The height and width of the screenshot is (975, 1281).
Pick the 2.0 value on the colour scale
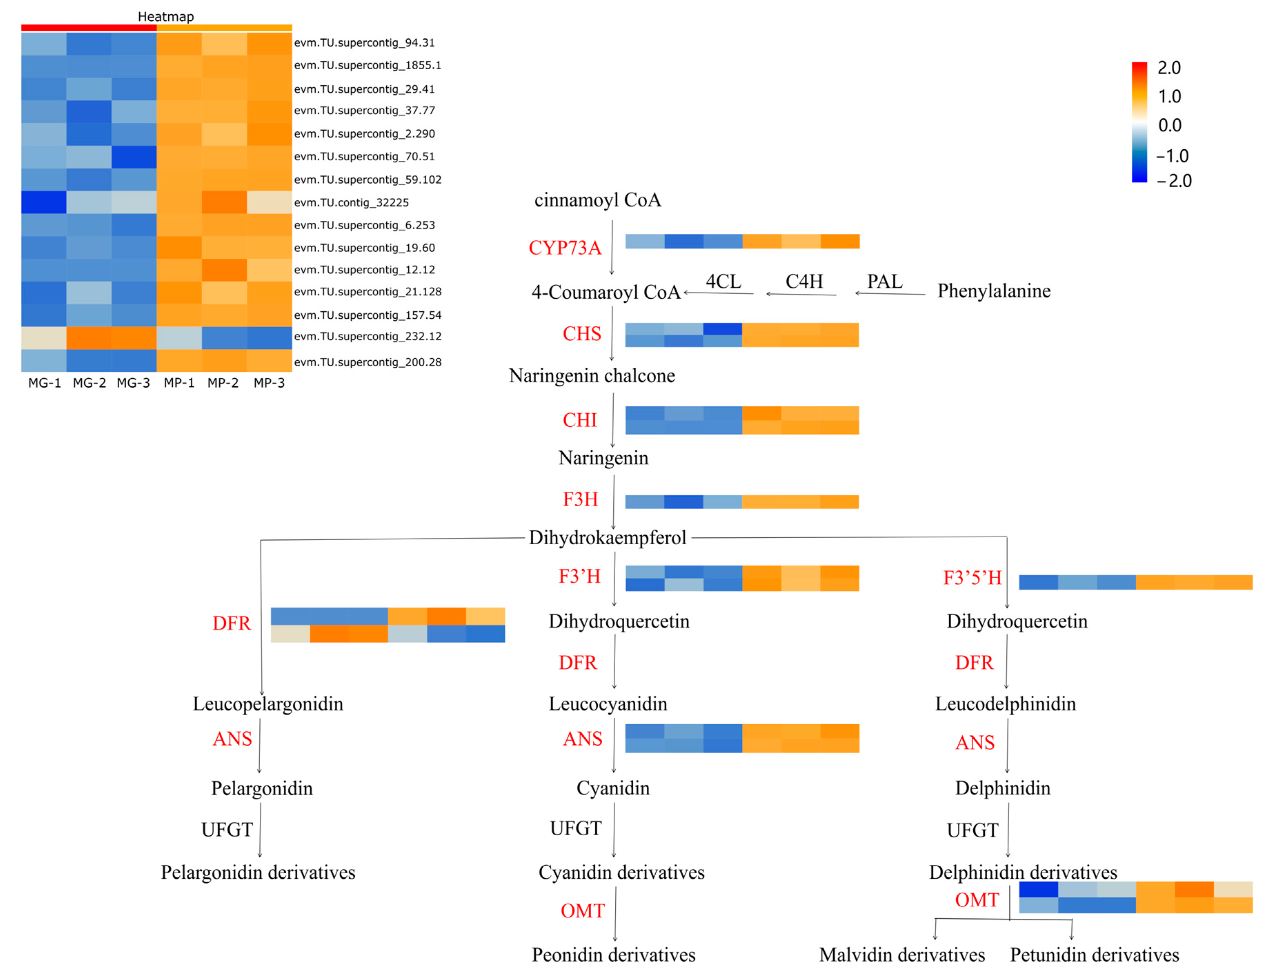coord(1169,68)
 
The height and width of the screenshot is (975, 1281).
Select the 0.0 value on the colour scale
coord(1169,125)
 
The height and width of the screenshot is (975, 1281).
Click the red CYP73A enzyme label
coord(565,248)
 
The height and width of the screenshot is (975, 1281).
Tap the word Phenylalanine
coord(994,291)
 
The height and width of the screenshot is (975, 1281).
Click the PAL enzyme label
coord(885,281)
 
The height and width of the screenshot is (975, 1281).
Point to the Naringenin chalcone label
coord(592,376)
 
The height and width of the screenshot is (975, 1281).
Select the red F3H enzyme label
coord(580,499)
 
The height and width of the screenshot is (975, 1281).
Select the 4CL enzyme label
coord(723,281)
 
